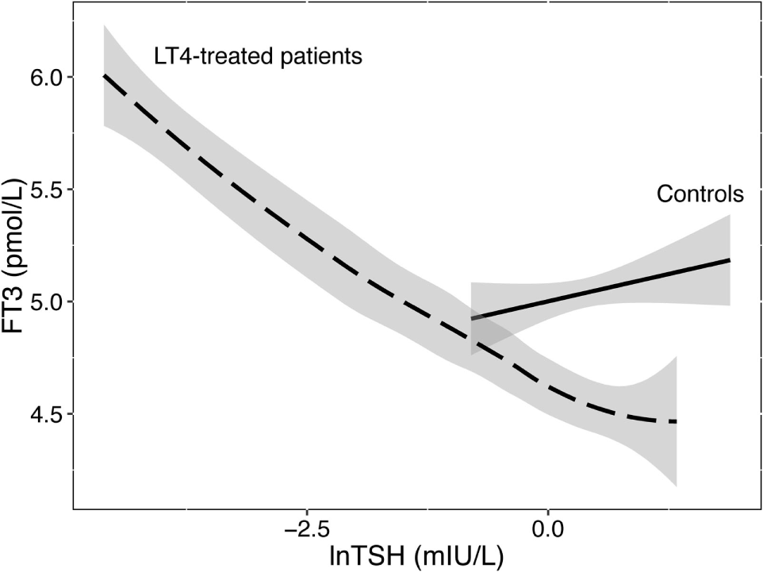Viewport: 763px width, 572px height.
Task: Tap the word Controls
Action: [x=700, y=194]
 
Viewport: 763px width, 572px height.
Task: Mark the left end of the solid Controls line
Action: [x=472, y=318]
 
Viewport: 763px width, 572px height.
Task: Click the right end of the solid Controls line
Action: [x=728, y=260]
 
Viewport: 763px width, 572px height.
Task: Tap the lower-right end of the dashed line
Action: [x=675, y=422]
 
